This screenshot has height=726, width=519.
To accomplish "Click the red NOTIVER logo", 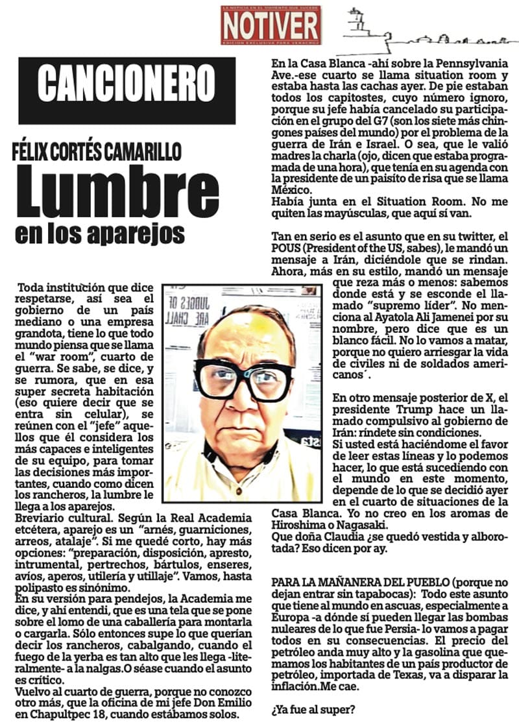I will pos(271,25).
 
